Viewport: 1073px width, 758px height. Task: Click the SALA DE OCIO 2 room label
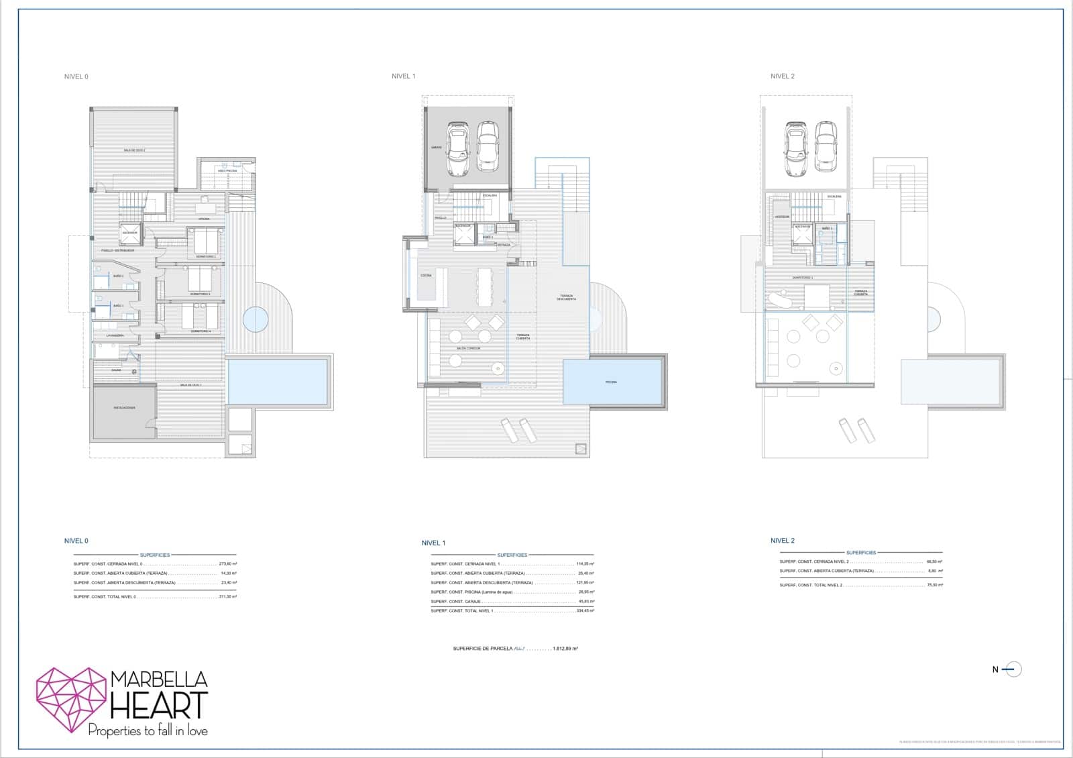click(134, 150)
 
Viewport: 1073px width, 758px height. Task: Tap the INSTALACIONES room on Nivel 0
click(124, 408)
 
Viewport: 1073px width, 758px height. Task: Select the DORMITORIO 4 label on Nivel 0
click(201, 331)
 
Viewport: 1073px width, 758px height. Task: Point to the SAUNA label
click(117, 370)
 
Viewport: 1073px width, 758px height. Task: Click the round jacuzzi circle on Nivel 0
click(255, 319)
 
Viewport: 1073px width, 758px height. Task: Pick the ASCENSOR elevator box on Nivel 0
click(130, 233)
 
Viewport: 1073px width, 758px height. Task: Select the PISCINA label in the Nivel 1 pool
click(611, 382)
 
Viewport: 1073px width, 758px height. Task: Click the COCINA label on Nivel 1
click(426, 276)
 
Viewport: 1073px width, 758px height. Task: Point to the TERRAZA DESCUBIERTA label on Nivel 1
click(566, 298)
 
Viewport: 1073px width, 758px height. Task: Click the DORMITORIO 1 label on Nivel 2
click(802, 278)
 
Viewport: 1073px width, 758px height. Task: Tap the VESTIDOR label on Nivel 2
click(782, 217)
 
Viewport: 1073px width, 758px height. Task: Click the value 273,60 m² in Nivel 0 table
click(228, 564)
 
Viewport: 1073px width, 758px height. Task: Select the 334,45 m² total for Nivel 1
click(585, 611)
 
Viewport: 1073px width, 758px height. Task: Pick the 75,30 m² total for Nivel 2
click(934, 585)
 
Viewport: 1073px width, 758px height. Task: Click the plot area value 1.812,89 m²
click(565, 649)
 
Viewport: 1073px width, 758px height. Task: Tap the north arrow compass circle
click(1014, 669)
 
